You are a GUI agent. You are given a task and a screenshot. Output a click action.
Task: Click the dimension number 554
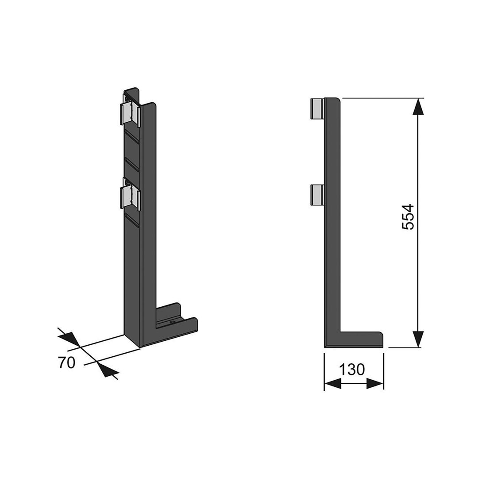(408, 217)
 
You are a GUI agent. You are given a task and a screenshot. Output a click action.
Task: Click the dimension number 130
(351, 370)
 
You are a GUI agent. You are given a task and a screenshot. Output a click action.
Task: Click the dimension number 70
(66, 363)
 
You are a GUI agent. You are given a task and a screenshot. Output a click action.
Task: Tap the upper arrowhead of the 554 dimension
(418, 106)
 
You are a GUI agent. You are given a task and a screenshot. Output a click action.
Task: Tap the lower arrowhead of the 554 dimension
(418, 339)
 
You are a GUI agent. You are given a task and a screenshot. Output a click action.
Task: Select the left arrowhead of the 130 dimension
(332, 383)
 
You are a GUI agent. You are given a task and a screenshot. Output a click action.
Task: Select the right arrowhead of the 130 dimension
(375, 383)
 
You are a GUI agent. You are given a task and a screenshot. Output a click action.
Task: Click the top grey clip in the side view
(317, 108)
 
